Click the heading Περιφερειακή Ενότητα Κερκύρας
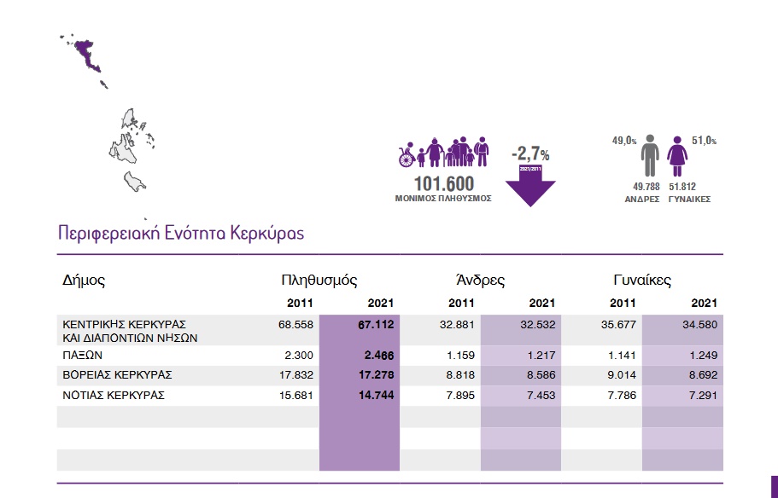tap(180, 233)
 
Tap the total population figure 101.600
tap(443, 183)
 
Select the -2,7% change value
tap(530, 154)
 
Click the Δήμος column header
tap(84, 280)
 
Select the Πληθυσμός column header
tap(319, 280)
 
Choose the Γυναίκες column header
tap(642, 280)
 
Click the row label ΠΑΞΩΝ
tap(83, 355)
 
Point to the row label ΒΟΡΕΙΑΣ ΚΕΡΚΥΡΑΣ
tap(118, 375)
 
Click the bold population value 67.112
tap(376, 324)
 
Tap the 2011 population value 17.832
tap(295, 375)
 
